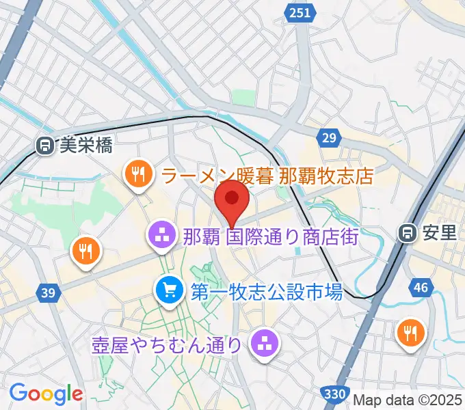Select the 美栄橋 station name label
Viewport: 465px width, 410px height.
click(85, 145)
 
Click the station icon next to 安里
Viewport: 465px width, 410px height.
click(408, 233)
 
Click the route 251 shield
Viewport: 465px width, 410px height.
click(300, 13)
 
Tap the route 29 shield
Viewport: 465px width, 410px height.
click(330, 139)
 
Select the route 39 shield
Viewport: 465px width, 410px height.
click(47, 293)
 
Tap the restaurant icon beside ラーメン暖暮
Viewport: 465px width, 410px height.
click(137, 174)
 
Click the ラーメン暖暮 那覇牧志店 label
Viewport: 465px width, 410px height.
click(267, 176)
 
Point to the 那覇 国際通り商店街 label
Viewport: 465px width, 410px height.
click(271, 237)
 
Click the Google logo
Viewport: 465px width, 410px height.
click(46, 394)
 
